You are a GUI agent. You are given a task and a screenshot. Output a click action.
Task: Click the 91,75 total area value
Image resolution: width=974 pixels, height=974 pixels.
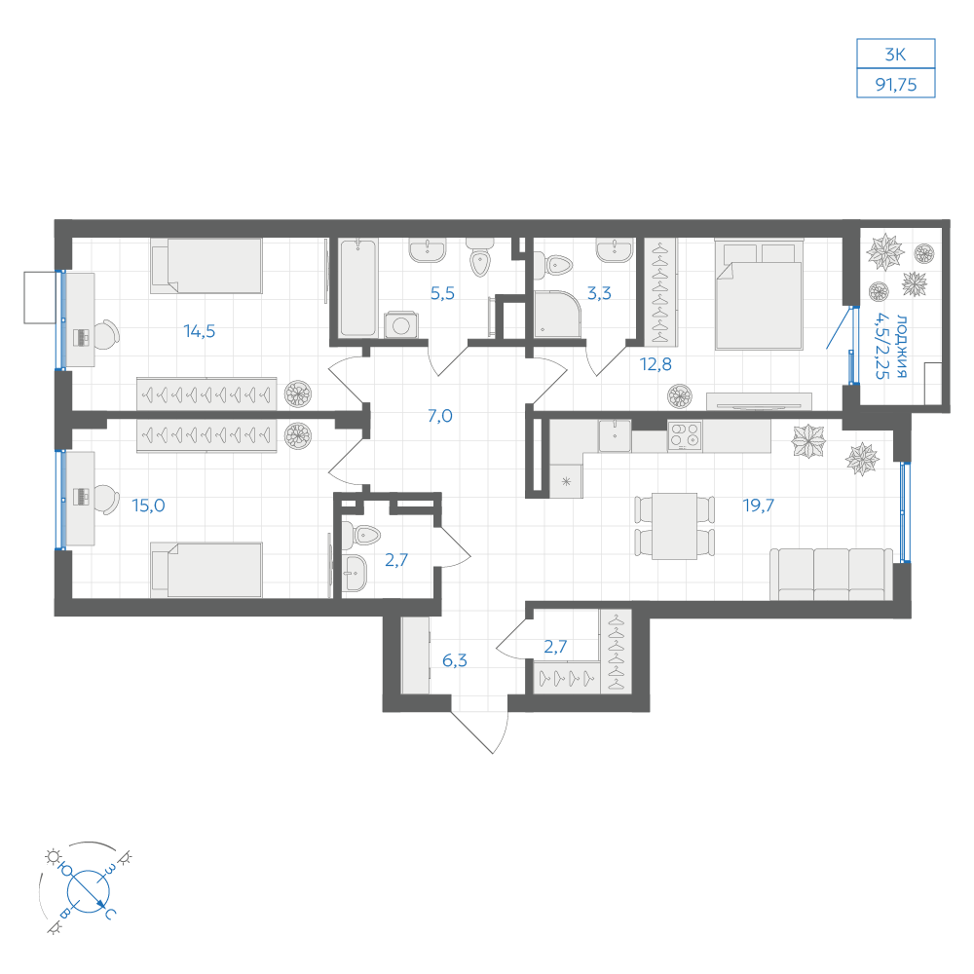896,85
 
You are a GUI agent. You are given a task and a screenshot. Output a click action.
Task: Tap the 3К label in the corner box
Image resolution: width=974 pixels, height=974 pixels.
896,55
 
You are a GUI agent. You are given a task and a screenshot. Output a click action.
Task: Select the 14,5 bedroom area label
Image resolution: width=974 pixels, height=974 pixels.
200,331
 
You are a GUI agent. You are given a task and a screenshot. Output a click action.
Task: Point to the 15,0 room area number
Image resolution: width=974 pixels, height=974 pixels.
148,506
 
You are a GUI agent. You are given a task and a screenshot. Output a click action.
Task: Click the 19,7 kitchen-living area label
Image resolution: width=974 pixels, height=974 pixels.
759,505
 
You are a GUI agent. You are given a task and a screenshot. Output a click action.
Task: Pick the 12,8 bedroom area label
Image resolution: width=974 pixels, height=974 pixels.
656,364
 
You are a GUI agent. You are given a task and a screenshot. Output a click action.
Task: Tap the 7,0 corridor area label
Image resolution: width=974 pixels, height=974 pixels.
440,416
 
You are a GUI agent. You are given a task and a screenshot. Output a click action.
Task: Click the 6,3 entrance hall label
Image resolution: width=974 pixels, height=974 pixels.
455,660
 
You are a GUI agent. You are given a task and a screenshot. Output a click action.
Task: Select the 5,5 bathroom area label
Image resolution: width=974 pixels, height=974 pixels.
442,292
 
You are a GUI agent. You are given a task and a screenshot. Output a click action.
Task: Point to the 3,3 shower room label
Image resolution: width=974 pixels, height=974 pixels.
599,292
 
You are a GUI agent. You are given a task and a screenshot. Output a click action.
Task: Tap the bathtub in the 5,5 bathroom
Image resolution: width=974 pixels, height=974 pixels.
358,288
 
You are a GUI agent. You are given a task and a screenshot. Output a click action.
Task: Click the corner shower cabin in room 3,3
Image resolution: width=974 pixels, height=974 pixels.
557,315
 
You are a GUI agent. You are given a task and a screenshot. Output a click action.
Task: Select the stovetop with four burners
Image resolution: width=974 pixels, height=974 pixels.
685,434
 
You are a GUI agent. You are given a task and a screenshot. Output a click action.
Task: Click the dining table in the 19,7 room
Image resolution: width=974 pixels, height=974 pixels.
675,526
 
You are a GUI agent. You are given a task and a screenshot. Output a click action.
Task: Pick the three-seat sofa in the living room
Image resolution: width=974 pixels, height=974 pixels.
831,574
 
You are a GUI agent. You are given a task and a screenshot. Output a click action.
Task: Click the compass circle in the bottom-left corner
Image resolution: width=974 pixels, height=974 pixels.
89,891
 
